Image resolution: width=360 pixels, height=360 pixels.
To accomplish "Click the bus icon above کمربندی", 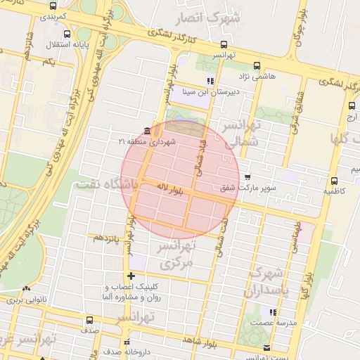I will (x=54, y=5).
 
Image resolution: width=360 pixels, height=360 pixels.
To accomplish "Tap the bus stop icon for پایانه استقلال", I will (x=67, y=34).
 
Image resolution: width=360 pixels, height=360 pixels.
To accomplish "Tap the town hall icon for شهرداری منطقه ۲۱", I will (x=146, y=131).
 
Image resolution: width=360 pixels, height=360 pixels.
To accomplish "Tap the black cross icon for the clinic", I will (x=131, y=275).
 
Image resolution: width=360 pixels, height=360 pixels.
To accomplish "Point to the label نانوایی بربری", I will (x=26, y=300).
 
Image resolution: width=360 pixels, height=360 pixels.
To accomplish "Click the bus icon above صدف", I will (x=89, y=320).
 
